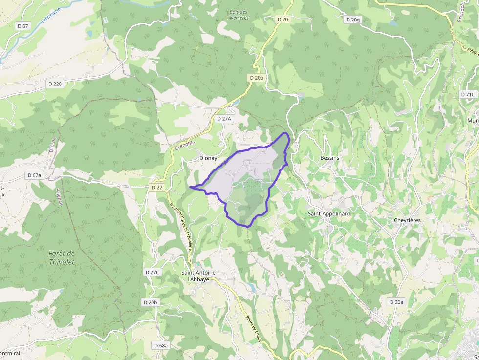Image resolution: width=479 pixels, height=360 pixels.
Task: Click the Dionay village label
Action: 208,158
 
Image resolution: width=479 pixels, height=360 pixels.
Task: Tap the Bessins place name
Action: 329,158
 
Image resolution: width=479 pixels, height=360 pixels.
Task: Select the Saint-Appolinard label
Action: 329,214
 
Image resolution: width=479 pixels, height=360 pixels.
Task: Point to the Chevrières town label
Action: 407,220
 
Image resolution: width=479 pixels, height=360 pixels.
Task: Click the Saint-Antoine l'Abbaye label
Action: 198,276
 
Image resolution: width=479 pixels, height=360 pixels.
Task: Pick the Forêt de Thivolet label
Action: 62,257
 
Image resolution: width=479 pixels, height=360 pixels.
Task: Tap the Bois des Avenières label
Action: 239,15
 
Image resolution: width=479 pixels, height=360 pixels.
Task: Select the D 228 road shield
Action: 55,84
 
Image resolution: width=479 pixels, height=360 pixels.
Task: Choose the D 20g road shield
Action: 352,20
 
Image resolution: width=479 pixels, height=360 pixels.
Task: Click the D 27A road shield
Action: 224,118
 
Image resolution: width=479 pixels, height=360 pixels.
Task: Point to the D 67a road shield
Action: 35,175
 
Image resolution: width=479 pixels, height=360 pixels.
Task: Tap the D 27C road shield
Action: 152,272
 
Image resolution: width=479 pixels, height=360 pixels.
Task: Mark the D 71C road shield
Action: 468,94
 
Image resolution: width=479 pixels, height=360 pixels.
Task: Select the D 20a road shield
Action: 396,302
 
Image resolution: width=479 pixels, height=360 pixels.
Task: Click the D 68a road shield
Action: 161,345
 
